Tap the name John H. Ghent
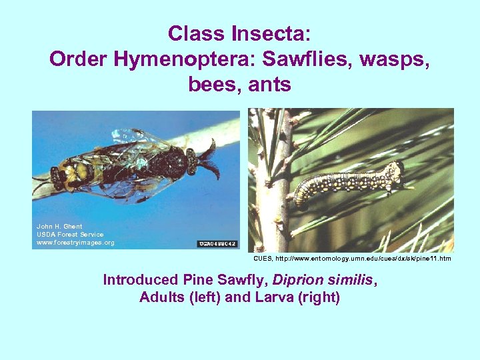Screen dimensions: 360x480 [59, 227]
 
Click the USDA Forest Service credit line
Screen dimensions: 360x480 [70, 235]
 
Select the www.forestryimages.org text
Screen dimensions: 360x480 [75, 243]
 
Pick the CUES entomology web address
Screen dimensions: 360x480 [352, 258]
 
